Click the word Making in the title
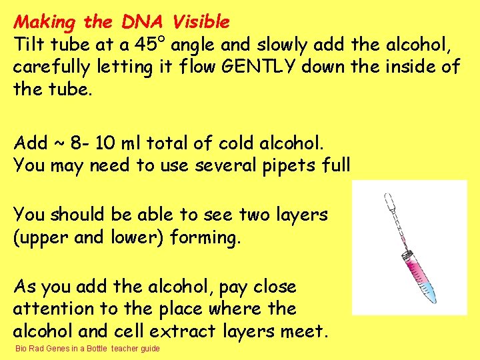point(45,22)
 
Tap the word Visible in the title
point(201,22)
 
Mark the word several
point(225,165)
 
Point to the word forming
point(205,237)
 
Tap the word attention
point(45,309)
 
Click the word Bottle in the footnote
point(97,349)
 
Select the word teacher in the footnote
point(125,349)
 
